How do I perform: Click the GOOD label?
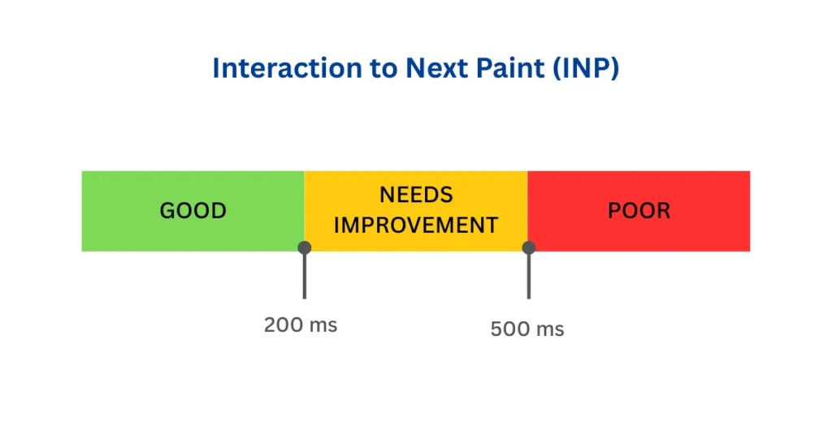pos(193,211)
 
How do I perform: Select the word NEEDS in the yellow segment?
pos(416,196)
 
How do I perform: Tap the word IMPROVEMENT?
pos(416,225)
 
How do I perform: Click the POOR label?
pos(639,211)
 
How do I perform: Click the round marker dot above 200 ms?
pos(305,248)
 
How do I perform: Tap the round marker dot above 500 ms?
pos(529,248)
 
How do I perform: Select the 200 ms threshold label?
pos(300,325)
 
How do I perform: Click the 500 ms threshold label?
pos(526,329)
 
